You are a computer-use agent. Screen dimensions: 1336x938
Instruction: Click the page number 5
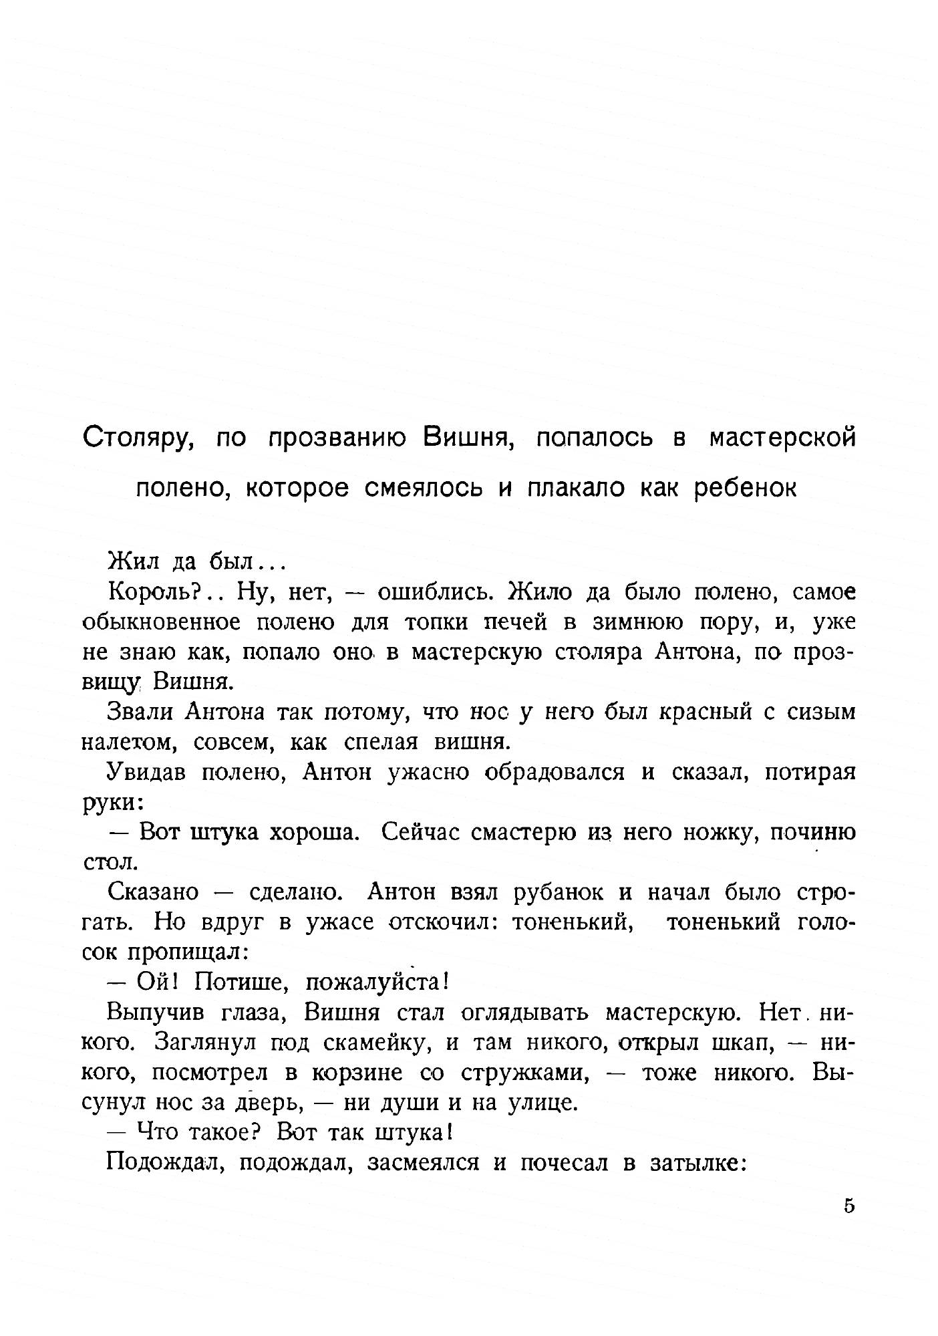coord(849,1206)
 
